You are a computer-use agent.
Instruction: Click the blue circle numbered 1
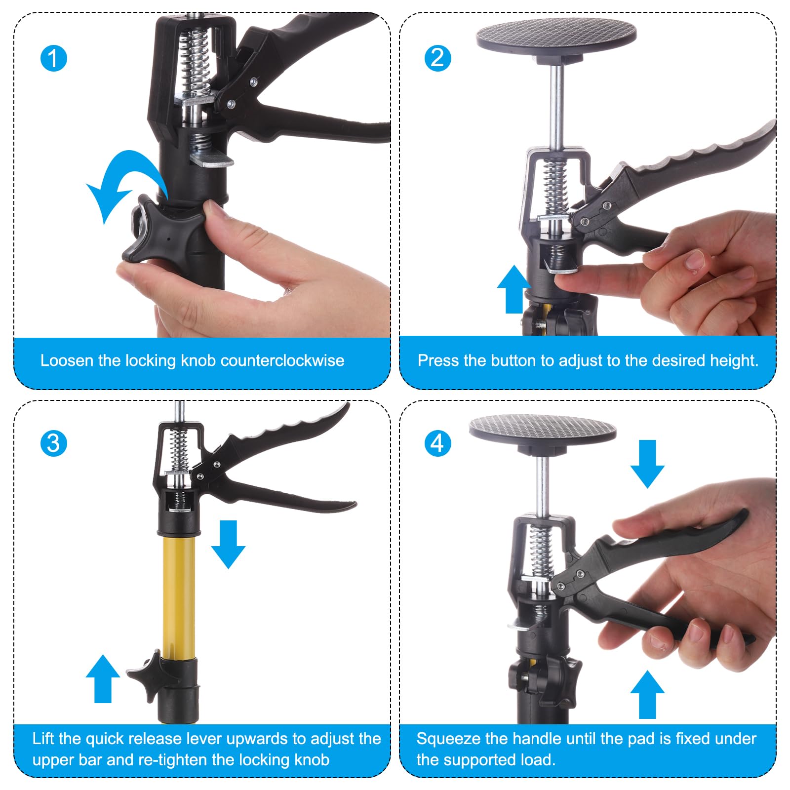[53, 58]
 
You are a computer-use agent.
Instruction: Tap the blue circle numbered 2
[437, 58]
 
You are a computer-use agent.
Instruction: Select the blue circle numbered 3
[53, 443]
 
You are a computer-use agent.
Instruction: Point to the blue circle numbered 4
[437, 443]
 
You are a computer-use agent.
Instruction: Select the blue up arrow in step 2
[514, 289]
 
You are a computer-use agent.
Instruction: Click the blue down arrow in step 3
[228, 544]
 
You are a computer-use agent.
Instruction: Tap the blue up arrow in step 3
[103, 678]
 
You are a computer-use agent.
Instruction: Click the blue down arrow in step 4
[647, 464]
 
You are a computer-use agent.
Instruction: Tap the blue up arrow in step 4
[647, 694]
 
